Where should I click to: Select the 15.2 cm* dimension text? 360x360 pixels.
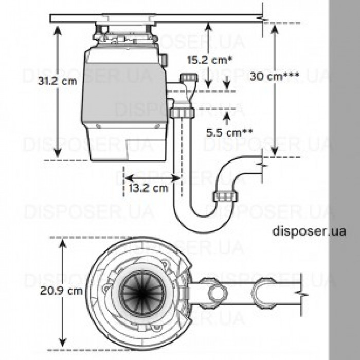pos(206,59)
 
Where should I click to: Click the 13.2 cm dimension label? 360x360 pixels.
pos(148,188)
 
